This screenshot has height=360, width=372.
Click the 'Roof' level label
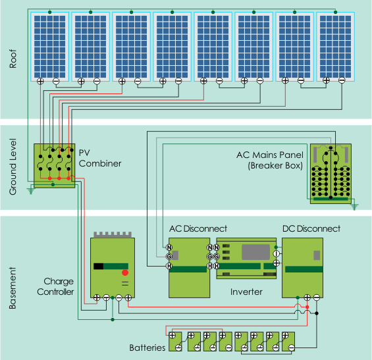(x=13, y=59)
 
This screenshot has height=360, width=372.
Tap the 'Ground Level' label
(x=13, y=167)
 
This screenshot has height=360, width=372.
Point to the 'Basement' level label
(x=13, y=288)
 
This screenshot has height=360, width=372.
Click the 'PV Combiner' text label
(x=100, y=158)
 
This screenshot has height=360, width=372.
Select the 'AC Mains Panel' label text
(x=270, y=155)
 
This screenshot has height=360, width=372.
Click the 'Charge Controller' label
(x=55, y=286)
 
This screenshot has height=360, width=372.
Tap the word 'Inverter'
(x=246, y=292)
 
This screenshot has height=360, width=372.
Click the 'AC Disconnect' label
(x=198, y=228)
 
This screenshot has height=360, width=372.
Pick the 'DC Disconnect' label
(x=311, y=228)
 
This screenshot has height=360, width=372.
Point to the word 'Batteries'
(x=147, y=347)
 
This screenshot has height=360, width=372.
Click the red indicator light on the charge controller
(x=125, y=272)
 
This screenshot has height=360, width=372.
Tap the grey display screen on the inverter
(x=255, y=252)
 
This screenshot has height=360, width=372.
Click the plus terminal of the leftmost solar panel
(x=40, y=82)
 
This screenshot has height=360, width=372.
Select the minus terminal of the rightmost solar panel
(x=342, y=80)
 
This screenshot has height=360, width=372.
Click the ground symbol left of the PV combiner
(x=30, y=191)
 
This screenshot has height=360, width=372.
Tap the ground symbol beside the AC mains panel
(x=354, y=207)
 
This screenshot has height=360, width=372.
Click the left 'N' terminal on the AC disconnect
(x=169, y=247)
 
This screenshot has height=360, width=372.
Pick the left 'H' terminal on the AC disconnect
(x=169, y=266)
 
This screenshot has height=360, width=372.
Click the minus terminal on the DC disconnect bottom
(x=317, y=297)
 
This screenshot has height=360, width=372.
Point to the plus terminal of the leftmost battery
(x=173, y=336)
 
